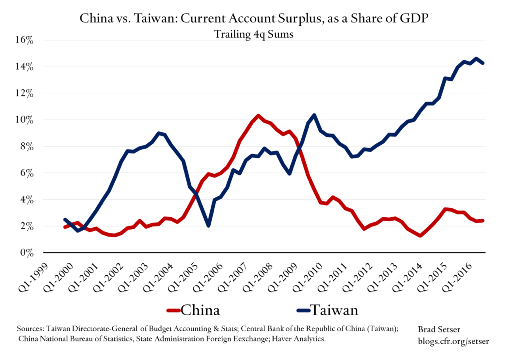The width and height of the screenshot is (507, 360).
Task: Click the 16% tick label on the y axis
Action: point(25,40)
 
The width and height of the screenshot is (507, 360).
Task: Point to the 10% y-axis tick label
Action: point(25,120)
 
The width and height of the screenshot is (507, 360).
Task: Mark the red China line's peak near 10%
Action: point(258,116)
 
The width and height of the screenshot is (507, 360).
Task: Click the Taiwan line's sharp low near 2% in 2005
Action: point(208,226)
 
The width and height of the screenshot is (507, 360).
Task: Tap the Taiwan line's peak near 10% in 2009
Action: point(314,115)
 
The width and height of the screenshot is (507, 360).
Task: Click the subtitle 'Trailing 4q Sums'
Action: point(253,34)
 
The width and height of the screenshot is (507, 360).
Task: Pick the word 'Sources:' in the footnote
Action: point(30,329)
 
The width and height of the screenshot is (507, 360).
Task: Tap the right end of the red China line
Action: point(483,220)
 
